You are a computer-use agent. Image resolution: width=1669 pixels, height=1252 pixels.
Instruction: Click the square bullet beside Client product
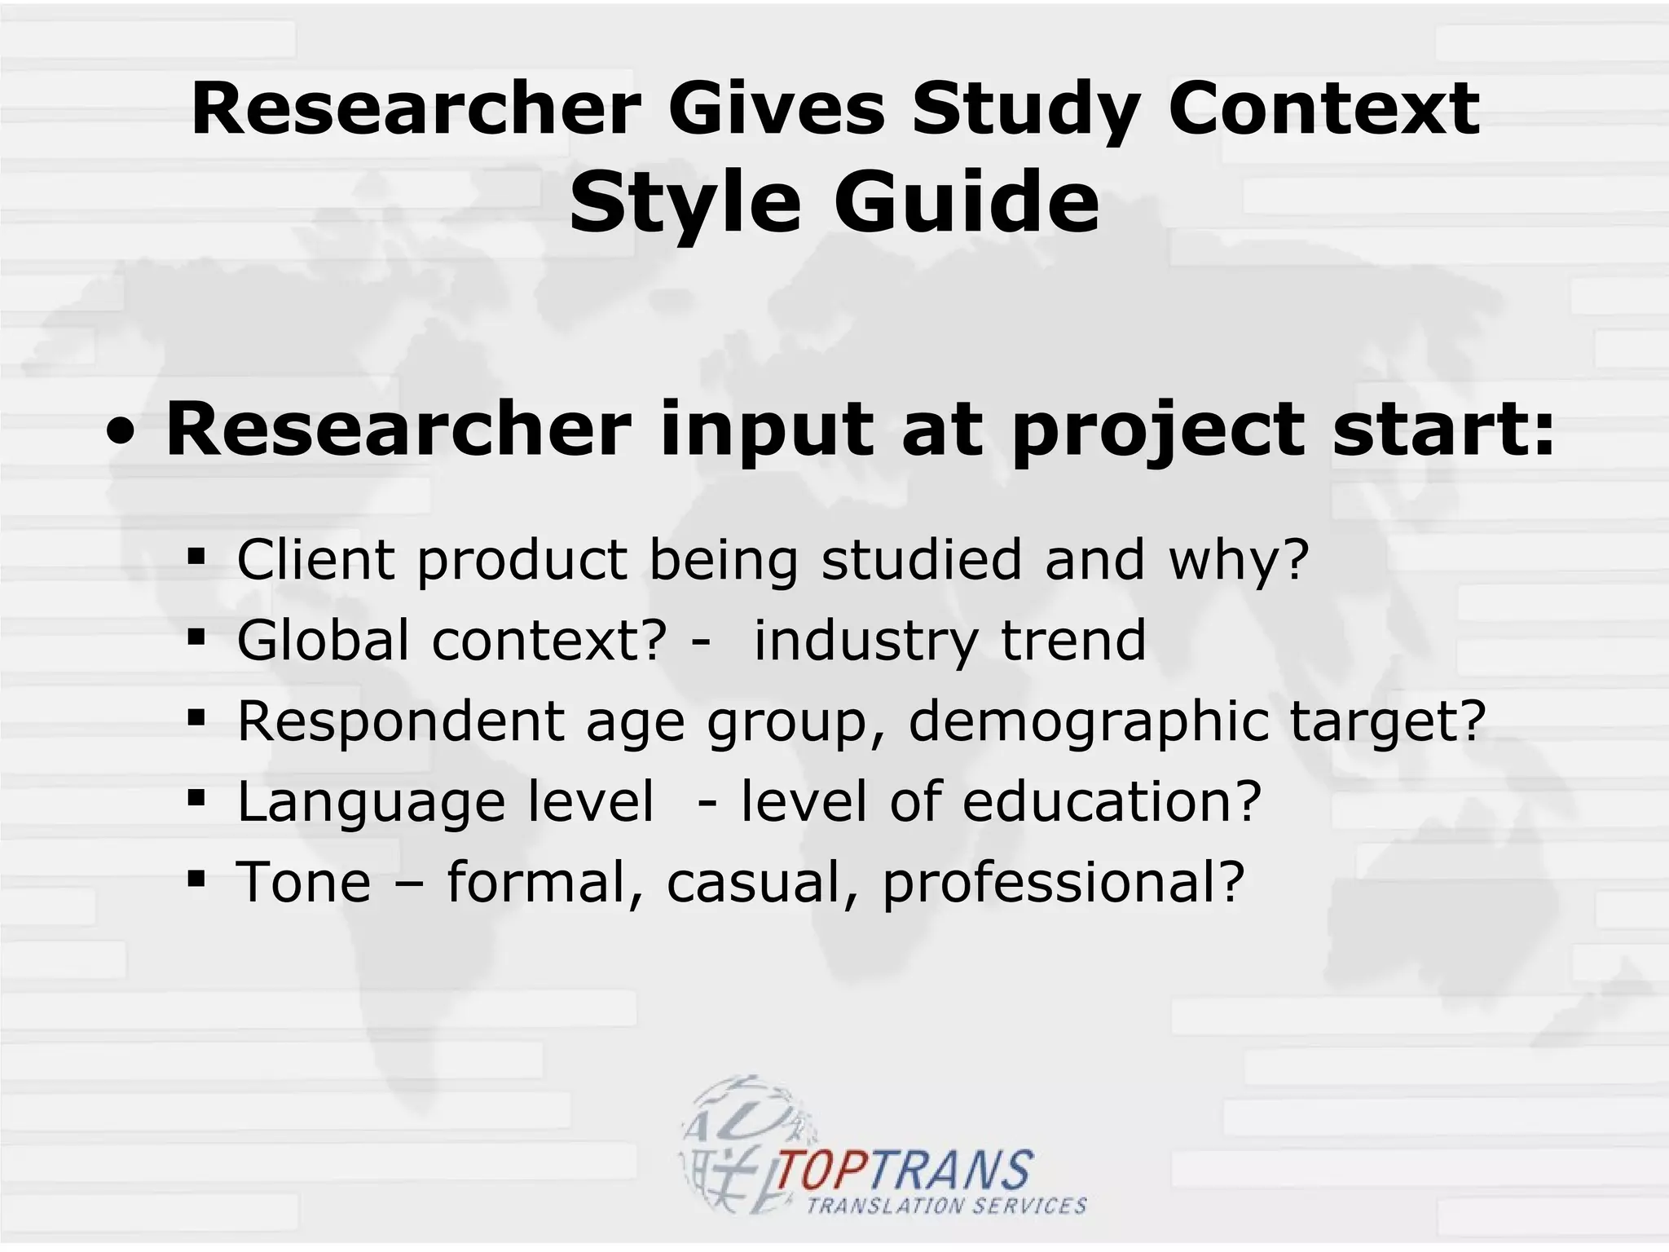pos(196,558)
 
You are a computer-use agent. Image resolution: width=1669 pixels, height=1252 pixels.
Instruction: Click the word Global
pos(323,640)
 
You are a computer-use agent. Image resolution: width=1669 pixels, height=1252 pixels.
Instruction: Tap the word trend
pos(1073,640)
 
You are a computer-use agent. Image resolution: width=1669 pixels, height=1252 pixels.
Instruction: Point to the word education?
pos(1112,801)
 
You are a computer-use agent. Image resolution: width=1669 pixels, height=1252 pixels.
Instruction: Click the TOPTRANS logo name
pos(905,1171)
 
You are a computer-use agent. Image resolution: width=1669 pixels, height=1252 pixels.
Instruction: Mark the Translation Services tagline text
pos(946,1206)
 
